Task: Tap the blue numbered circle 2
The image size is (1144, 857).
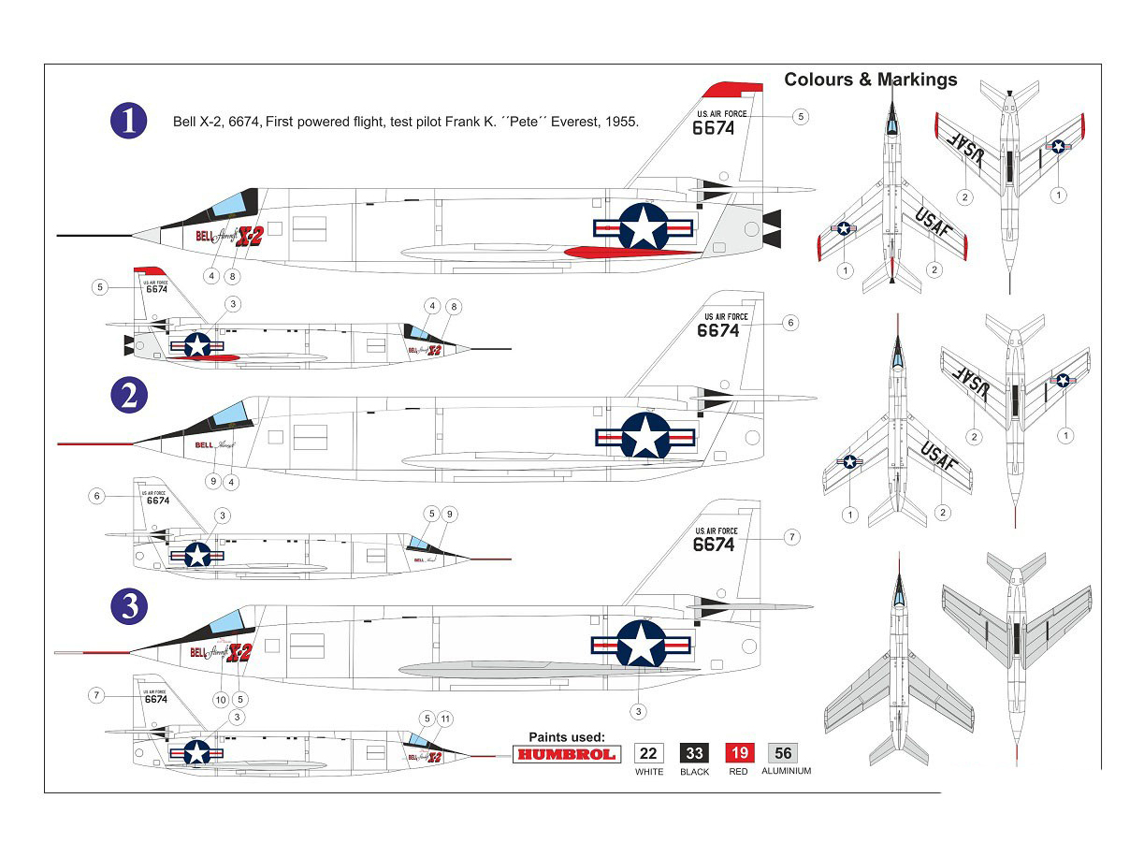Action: point(129,396)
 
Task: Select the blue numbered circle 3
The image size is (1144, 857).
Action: point(129,607)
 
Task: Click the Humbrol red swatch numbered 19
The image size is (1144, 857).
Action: point(739,753)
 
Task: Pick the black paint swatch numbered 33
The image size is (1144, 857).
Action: point(694,753)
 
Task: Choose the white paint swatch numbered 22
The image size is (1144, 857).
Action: point(648,753)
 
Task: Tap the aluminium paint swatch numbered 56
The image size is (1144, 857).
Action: point(783,753)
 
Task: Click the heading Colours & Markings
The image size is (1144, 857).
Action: point(870,80)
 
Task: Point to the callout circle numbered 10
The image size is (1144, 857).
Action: point(221,699)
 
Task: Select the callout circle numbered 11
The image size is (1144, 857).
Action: point(445,719)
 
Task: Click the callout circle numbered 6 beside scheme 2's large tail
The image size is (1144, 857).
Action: point(790,323)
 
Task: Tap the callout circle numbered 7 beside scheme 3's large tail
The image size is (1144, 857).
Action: point(791,538)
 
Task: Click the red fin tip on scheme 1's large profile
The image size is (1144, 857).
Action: point(732,90)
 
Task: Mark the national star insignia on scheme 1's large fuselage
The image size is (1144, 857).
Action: point(644,227)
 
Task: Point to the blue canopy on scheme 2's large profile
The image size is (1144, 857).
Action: point(228,414)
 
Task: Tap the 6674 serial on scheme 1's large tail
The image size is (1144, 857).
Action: point(714,129)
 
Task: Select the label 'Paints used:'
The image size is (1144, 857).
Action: point(567,737)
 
